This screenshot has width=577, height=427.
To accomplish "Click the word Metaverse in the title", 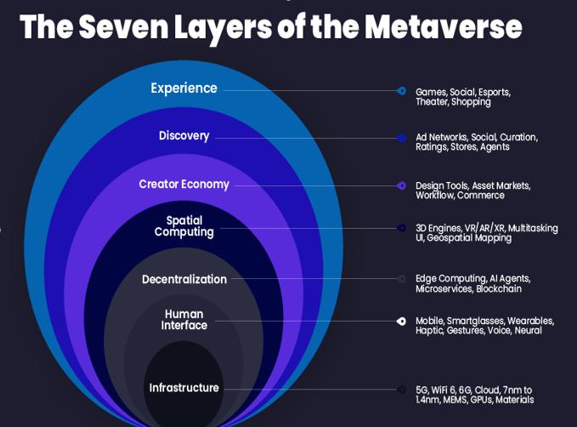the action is [x=444, y=26].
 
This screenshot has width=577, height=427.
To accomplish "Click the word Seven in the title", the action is [x=123, y=26].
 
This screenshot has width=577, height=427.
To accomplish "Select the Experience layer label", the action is [x=184, y=88].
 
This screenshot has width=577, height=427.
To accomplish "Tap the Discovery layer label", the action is [x=184, y=136].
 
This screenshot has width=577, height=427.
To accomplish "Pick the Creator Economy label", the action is [x=184, y=185].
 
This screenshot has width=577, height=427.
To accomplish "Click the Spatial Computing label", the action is [x=184, y=226].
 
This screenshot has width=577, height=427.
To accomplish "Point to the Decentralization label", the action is [x=184, y=279].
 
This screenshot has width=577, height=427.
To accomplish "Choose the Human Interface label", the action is [x=184, y=320].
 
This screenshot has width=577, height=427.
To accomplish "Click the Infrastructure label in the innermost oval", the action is [x=184, y=388].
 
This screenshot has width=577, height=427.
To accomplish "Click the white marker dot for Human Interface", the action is [x=401, y=322].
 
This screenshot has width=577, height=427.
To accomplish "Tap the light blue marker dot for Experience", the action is [x=401, y=91].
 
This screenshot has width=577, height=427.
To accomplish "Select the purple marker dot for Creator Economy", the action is [x=401, y=185].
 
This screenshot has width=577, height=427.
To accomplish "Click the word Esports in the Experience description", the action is [x=495, y=93].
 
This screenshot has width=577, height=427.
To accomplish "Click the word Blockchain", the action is [x=499, y=288].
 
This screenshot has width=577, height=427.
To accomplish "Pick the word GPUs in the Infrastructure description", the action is [x=481, y=400].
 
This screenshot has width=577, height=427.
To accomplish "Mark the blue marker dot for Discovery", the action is [x=401, y=138].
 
